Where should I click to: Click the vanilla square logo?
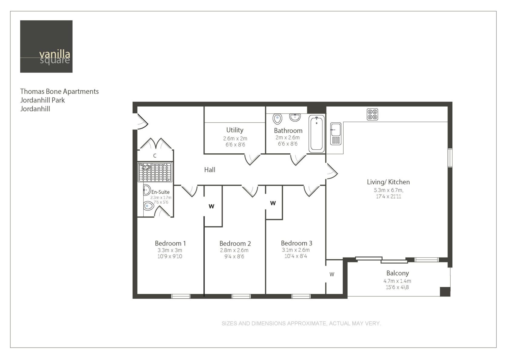[x=46, y=46]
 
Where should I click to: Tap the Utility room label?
[x=235, y=130]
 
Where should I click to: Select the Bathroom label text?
[x=288, y=131]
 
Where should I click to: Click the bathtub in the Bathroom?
[x=317, y=134]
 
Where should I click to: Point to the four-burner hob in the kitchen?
[x=372, y=114]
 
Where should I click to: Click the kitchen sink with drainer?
[x=336, y=134]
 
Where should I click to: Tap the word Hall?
[x=210, y=170]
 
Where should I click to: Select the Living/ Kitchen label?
[x=388, y=182]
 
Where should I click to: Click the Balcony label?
[x=398, y=273]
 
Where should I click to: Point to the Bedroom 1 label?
[x=170, y=243]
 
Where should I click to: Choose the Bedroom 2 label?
[x=235, y=244]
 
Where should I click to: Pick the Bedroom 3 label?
[x=297, y=243]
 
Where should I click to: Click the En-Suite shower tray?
[x=155, y=172]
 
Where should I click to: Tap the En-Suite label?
[x=161, y=192]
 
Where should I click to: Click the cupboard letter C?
[x=155, y=156]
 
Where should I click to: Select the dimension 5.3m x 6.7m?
[x=388, y=190]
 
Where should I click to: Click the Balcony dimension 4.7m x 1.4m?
[x=397, y=281]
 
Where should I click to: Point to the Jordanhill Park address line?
[x=42, y=100]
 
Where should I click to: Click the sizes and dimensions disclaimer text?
[x=301, y=323]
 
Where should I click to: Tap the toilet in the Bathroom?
[x=277, y=119]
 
